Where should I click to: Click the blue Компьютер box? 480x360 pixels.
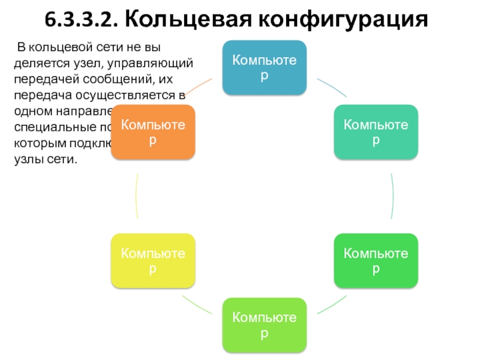(265, 67)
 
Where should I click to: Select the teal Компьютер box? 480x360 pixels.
(376, 132)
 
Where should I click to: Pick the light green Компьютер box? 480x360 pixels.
(265, 324)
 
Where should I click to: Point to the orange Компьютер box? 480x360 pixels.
(153, 132)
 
